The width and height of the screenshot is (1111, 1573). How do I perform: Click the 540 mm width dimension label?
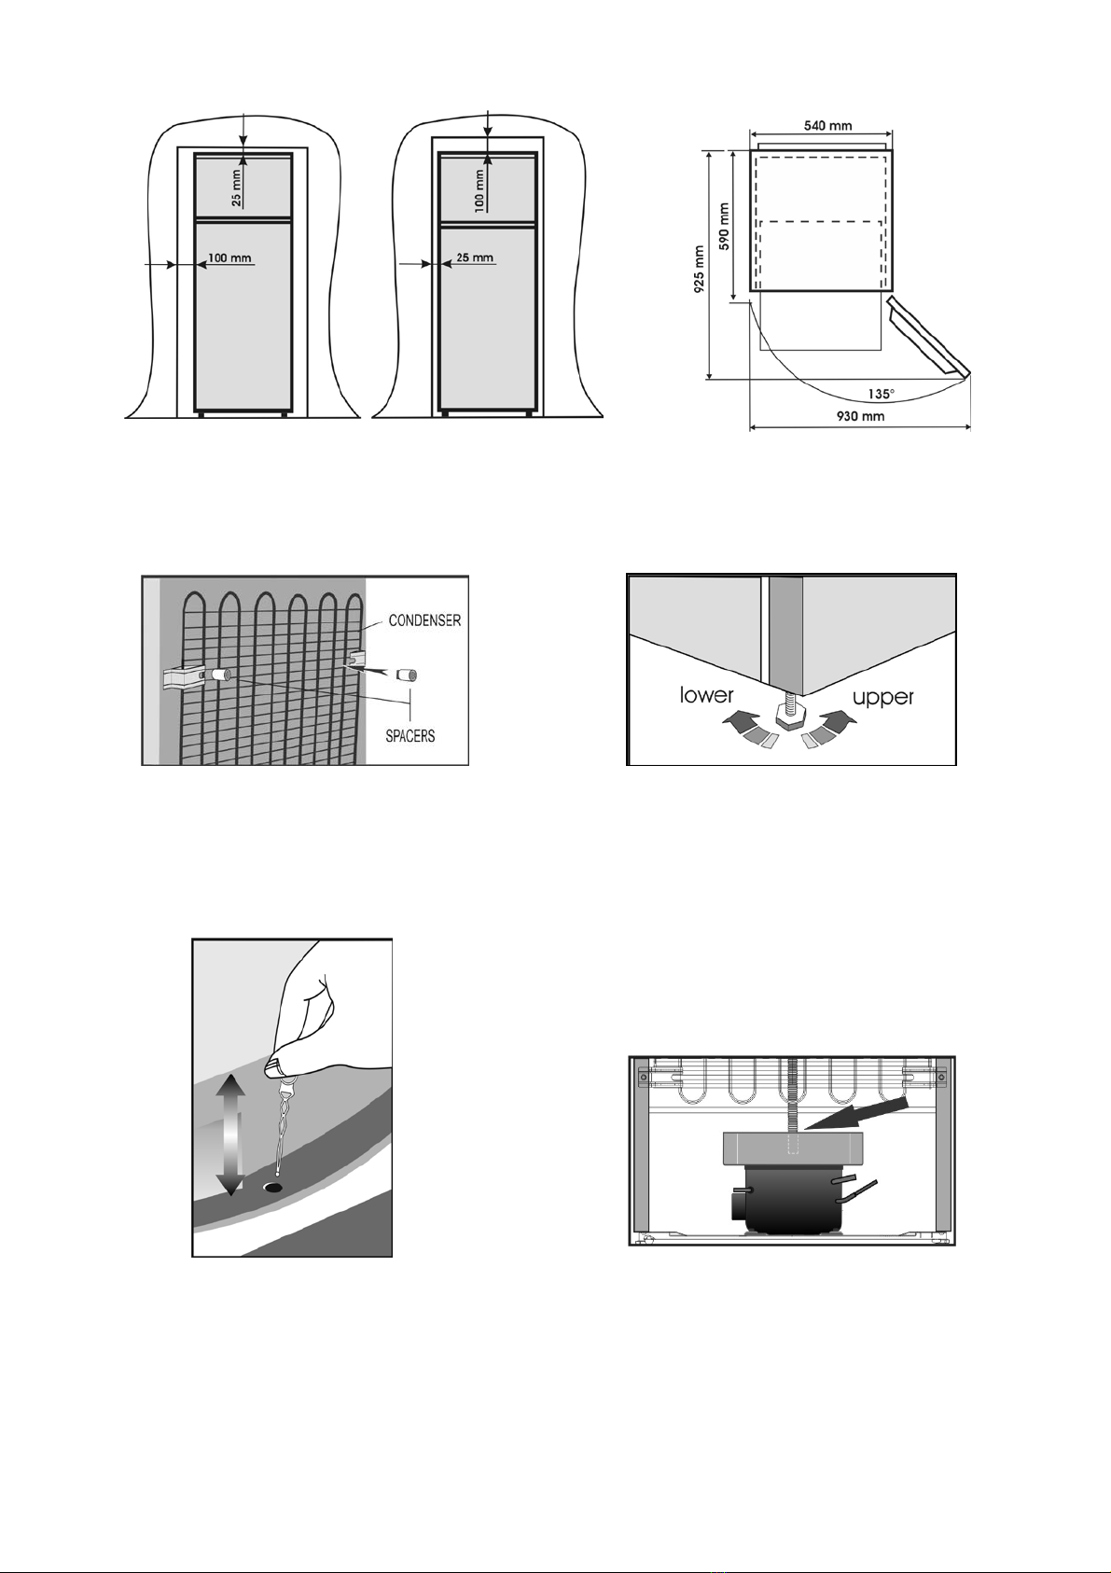tap(827, 126)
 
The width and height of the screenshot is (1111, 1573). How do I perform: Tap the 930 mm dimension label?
tap(860, 416)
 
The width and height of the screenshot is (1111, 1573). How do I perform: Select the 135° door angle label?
tap(881, 394)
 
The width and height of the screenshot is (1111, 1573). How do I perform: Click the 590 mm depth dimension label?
tap(725, 226)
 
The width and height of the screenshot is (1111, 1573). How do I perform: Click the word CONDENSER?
tap(424, 620)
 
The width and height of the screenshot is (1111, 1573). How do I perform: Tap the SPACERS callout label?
tap(410, 736)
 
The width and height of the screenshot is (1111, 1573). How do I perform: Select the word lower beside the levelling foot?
tap(706, 695)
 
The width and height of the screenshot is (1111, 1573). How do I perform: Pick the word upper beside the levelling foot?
tap(883, 698)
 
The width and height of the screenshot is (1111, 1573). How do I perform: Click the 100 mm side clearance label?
tap(229, 258)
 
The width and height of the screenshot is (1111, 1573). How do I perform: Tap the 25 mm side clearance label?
tap(475, 257)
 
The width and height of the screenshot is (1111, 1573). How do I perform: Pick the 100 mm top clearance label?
tap(479, 189)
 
